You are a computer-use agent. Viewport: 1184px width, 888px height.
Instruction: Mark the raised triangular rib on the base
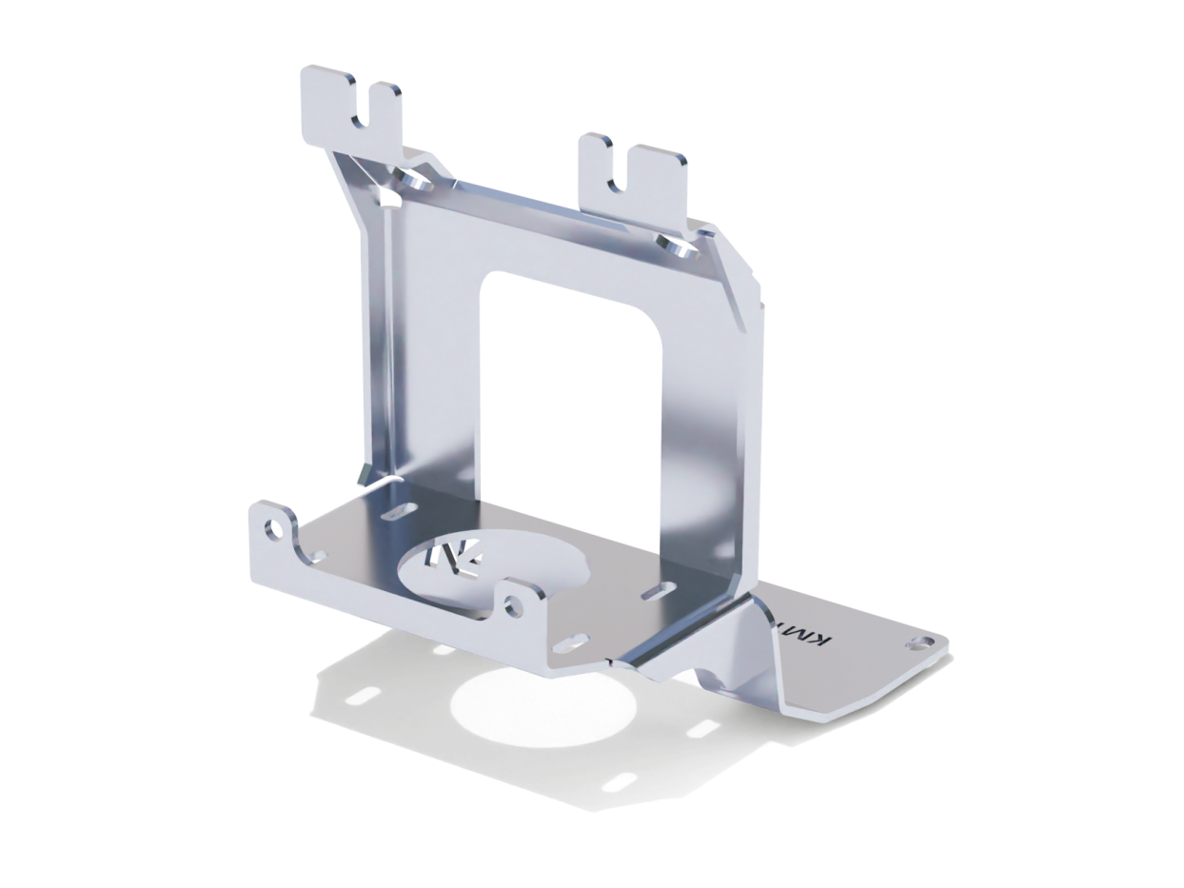[x=733, y=647]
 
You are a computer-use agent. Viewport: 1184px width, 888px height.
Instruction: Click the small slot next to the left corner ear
[x=320, y=555]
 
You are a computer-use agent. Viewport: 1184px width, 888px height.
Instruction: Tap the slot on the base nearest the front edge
[x=569, y=648]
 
